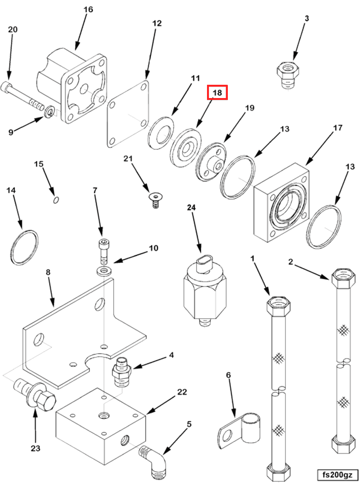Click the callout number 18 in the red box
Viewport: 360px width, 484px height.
click(217, 92)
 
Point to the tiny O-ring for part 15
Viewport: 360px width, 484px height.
click(56, 199)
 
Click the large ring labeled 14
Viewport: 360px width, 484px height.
click(24, 247)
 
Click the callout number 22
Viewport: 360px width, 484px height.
click(182, 392)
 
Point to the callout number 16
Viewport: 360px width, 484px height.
click(89, 9)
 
